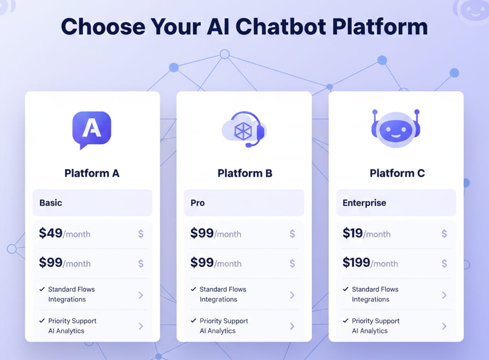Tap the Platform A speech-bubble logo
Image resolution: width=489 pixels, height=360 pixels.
[x=92, y=128]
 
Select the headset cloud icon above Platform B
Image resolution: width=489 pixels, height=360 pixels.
[x=244, y=129]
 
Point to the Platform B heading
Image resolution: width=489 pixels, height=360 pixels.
[x=244, y=173]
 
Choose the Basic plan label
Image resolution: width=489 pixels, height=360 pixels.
[x=51, y=202]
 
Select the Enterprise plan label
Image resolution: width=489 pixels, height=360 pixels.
[x=364, y=202]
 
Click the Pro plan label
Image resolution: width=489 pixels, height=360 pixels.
[x=197, y=202]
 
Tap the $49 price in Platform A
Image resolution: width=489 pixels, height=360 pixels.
[x=51, y=233]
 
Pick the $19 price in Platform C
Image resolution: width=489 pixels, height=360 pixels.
[x=352, y=233]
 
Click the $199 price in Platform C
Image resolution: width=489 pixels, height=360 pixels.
[x=356, y=263]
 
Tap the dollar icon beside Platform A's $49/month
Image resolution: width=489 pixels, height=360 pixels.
[x=141, y=234]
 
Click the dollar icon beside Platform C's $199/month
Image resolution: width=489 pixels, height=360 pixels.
[x=444, y=263]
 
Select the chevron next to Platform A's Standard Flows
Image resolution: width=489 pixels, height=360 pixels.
[x=141, y=295]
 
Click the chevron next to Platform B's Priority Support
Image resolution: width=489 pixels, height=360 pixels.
[x=292, y=326]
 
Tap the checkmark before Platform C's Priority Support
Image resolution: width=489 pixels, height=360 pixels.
[x=345, y=321]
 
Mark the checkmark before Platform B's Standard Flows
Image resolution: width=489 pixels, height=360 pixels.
[x=193, y=289]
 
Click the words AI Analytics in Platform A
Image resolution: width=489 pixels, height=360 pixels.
[x=66, y=331]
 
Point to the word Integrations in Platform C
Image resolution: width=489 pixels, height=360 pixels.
[x=371, y=299]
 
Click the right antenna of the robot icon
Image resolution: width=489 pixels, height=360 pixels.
[x=416, y=113]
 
